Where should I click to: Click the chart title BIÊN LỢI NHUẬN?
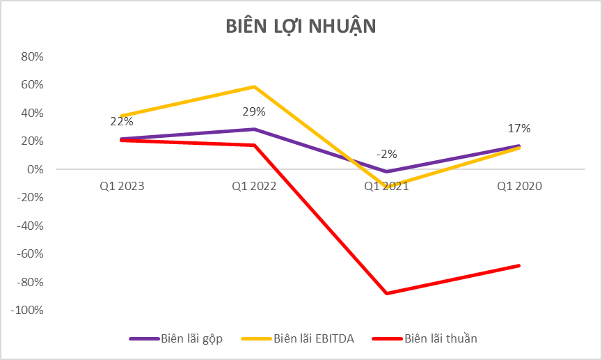coord(301,26)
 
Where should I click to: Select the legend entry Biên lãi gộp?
coord(193,338)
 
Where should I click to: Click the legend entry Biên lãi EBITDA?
coord(315,338)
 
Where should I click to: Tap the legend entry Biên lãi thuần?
coord(441,338)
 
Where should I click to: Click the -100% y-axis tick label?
coord(27,311)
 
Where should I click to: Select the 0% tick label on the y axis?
coord(35,169)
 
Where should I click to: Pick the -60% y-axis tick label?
coord(30,254)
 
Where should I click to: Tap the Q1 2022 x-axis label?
coord(254,186)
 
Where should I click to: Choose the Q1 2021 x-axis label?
coord(387,186)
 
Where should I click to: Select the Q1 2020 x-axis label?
coord(520,186)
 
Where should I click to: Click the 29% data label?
coord(254,112)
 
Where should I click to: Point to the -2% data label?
coord(387,154)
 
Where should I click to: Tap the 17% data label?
coord(520,128)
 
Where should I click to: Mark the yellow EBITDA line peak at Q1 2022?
coord(254,86)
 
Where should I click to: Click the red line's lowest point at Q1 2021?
coord(387,293)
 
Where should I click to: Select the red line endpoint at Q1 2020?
coord(519,265)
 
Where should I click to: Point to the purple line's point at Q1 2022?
coord(254,129)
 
